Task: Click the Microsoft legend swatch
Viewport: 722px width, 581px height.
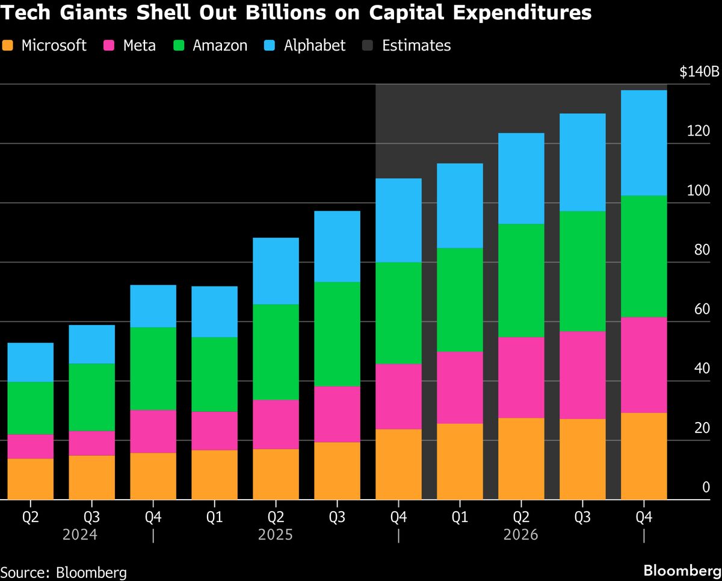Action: [8, 45]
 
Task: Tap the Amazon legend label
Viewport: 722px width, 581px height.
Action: [220, 45]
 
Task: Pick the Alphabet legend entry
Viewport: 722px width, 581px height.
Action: [314, 45]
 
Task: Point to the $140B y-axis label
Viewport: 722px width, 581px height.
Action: [699, 72]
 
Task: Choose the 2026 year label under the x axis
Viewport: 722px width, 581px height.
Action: [520, 535]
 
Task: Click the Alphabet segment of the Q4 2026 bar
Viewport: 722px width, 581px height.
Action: [643, 143]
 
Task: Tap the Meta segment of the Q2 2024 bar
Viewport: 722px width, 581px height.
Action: [30, 446]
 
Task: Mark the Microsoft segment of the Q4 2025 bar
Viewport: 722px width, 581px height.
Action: [398, 464]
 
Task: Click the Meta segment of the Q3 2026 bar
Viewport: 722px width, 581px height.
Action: [582, 374]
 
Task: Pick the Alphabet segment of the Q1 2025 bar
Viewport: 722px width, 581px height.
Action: [214, 311]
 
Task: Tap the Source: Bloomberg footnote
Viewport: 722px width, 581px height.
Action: [63, 571]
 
